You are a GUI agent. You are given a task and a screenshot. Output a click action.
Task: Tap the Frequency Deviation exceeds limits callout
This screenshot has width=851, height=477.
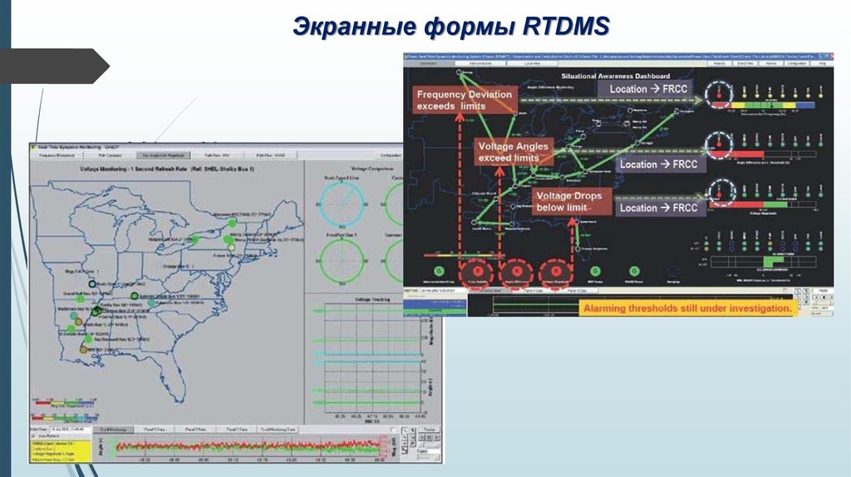tap(464, 101)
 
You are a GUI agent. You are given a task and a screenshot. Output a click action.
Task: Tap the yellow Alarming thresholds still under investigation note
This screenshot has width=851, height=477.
tap(686, 308)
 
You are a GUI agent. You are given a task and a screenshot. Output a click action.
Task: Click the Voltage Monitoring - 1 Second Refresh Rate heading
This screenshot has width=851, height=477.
tap(166, 168)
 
